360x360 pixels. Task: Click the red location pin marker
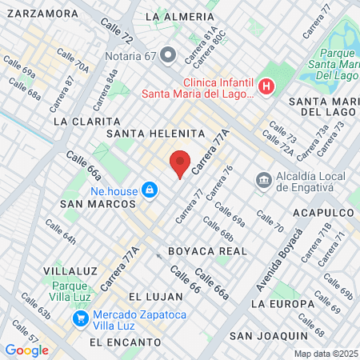click(x=181, y=163)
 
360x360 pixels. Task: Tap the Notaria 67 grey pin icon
click(x=167, y=55)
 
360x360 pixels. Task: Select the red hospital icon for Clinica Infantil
click(x=267, y=87)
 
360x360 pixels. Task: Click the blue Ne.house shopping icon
click(x=148, y=190)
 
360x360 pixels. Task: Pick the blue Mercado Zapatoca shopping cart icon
click(x=80, y=318)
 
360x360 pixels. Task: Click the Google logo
click(x=26, y=350)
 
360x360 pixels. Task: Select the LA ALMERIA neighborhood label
click(x=177, y=17)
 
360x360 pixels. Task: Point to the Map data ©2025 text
click(x=324, y=354)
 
